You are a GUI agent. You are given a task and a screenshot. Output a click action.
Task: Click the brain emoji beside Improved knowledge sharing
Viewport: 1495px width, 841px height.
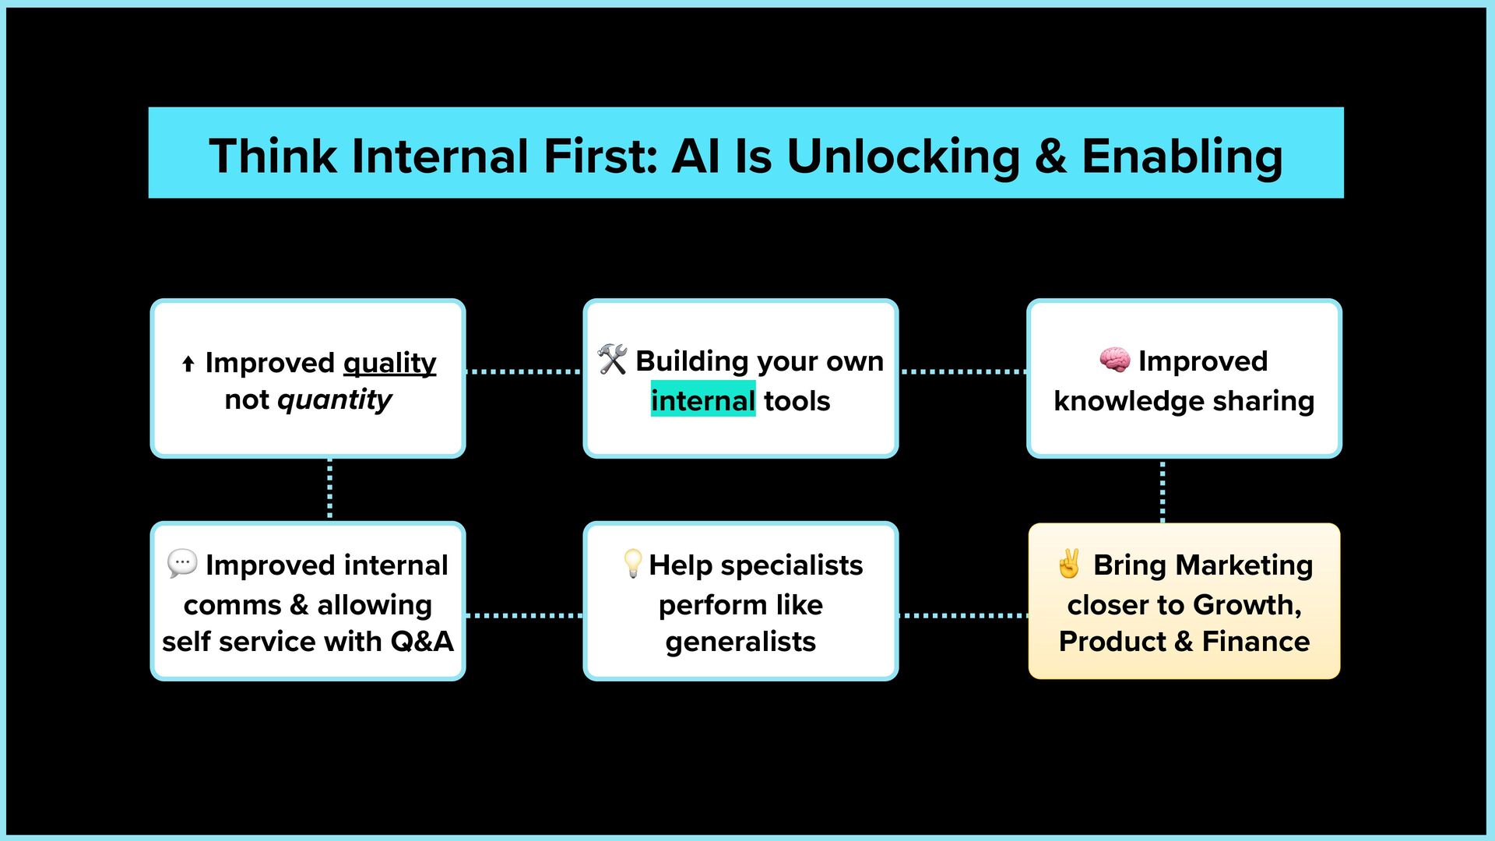(1114, 361)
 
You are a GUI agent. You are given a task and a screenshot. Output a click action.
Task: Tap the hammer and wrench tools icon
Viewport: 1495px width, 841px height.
(612, 360)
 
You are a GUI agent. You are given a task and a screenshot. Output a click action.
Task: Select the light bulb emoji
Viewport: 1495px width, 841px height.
(633, 564)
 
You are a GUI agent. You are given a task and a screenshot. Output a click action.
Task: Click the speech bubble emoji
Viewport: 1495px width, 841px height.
(182, 563)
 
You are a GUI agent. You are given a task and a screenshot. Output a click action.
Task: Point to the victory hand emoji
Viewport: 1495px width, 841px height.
(1069, 564)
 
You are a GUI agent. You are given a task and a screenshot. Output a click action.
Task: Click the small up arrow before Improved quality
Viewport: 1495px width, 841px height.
(188, 364)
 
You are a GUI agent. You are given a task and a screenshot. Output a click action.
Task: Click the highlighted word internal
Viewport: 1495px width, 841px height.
(702, 400)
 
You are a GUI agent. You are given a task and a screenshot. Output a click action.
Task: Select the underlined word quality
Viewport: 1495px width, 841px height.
(389, 363)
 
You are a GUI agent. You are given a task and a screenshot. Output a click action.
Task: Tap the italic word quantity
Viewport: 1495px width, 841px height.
(334, 399)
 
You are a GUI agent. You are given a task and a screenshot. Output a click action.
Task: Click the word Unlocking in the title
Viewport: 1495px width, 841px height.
(903, 156)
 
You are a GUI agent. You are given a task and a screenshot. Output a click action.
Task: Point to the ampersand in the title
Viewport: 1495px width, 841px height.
(1050, 156)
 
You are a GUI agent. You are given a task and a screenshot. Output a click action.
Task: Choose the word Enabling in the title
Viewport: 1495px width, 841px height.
(1182, 156)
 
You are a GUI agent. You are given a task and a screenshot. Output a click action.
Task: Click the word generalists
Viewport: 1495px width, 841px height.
(740, 642)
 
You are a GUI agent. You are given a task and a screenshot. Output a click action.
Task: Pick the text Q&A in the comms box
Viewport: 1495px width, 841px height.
(421, 642)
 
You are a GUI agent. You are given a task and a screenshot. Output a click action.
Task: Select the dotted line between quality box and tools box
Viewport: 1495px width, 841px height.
(524, 371)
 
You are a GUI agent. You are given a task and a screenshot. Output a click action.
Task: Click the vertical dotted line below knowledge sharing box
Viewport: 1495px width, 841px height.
(1163, 491)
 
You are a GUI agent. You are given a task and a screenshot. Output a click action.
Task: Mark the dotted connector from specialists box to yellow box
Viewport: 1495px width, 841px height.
(962, 615)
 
